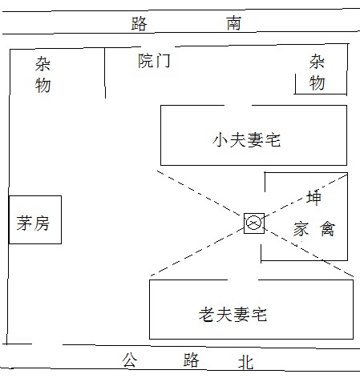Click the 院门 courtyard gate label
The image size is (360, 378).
154,61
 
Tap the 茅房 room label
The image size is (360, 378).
33,223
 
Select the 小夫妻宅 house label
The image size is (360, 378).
247,140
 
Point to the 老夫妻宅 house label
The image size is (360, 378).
233,314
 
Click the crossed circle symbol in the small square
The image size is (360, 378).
253,223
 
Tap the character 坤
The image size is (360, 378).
313,198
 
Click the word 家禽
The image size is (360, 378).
314,229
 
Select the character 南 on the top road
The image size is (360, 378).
234,23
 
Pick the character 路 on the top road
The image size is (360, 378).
140,24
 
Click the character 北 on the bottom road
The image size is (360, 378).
245,363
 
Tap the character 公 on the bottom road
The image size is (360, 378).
130,360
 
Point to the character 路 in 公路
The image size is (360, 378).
192,360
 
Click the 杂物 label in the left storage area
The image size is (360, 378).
42,74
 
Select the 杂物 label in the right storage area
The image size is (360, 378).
318,72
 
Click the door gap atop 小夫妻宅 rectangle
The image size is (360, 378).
238,105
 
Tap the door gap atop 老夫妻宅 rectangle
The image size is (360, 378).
243,279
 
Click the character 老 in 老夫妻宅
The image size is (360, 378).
207,314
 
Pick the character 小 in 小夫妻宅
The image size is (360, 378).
220,140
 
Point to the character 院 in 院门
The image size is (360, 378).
146,61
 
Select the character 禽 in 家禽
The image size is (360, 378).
328,229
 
